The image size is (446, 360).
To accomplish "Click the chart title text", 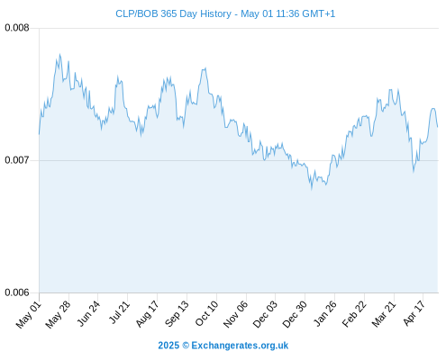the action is (225, 13).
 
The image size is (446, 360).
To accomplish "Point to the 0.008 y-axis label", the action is (17, 28).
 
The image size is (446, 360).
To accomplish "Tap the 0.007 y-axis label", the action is (17, 160).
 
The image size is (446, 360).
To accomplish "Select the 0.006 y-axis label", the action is (17, 292).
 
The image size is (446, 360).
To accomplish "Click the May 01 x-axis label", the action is (29, 315).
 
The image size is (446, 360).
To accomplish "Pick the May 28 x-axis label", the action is (58, 315).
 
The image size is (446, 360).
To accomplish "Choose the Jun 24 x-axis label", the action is (88, 314).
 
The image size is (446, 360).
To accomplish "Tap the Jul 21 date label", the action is (119, 312).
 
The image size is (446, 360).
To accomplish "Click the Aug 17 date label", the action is (147, 314).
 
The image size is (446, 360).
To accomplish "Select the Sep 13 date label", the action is (177, 314).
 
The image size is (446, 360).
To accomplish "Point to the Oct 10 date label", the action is (206, 313).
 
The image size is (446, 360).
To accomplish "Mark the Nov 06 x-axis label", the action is (236, 314).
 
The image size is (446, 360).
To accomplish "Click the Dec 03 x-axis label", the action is (265, 314).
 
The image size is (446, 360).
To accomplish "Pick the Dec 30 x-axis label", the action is (295, 314).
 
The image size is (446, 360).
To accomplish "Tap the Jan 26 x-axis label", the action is (325, 313).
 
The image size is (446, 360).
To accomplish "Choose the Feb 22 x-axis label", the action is (354, 314).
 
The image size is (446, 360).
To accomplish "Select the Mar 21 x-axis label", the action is (384, 314).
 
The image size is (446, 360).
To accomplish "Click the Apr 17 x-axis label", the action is (414, 313).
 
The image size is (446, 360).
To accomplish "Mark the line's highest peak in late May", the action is (60, 55).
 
